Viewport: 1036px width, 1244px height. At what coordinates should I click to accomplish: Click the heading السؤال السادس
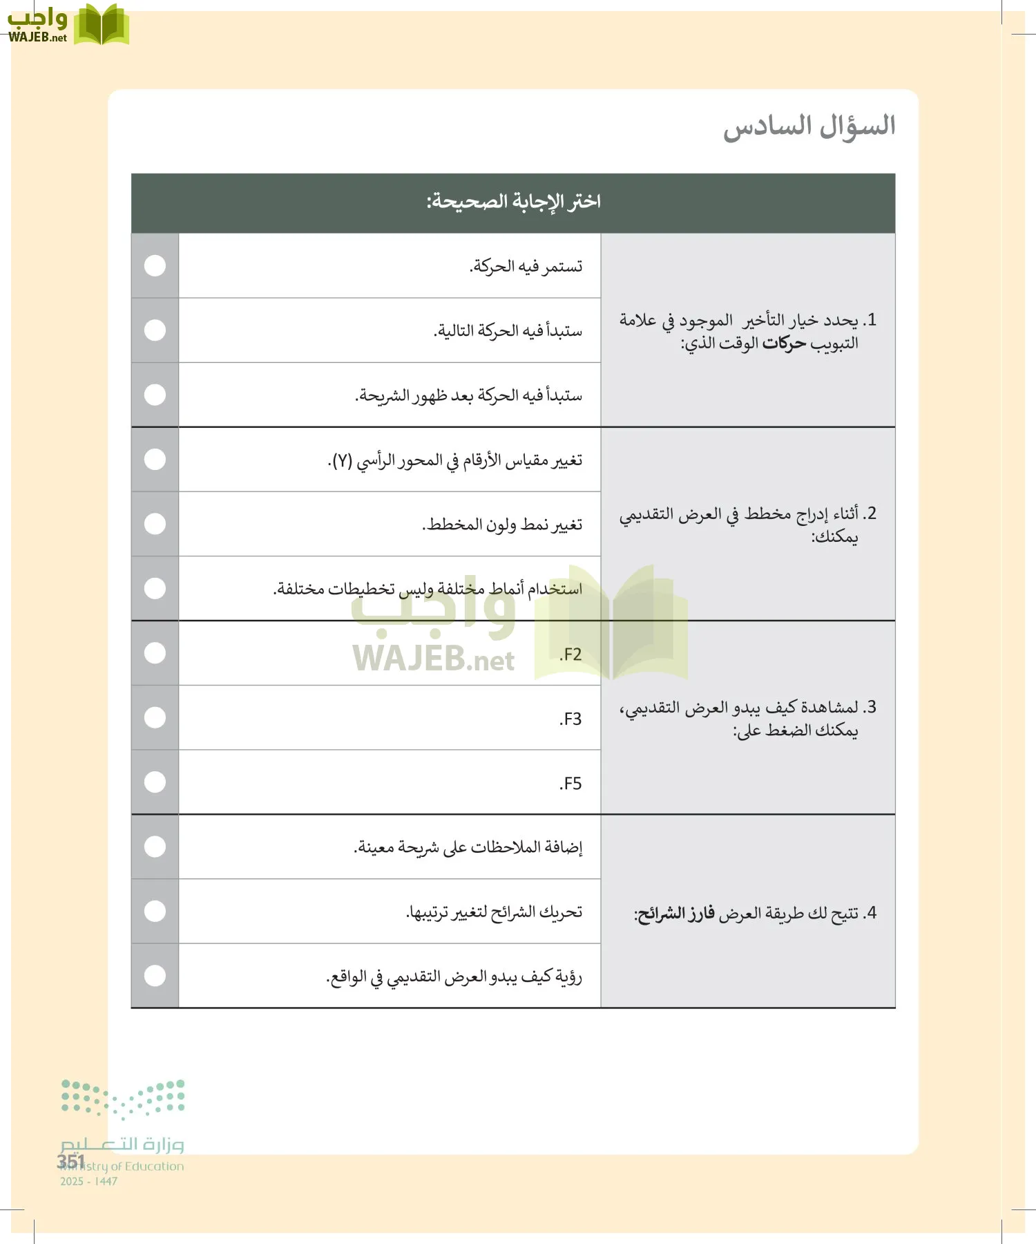pos(809,126)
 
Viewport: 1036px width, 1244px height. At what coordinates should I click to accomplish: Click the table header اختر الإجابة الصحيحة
pos(513,202)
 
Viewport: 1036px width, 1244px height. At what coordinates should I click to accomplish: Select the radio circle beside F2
pos(155,653)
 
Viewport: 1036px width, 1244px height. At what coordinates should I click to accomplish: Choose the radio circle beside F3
pos(155,717)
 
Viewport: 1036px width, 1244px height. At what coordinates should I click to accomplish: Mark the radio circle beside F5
pos(155,782)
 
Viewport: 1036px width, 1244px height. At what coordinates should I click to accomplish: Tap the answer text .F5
pos(570,784)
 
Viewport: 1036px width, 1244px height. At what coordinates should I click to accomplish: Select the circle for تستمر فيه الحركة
pos(155,266)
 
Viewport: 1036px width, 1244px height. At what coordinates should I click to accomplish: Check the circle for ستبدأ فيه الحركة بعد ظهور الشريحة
pos(155,395)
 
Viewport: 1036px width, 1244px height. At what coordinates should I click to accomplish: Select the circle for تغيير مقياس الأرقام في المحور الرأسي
pos(155,460)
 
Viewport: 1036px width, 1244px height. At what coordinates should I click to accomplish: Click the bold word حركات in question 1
pos(784,343)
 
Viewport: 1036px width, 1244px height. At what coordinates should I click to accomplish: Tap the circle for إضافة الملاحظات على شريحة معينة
pos(155,847)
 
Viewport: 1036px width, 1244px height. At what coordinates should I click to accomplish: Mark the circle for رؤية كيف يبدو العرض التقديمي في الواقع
pos(155,976)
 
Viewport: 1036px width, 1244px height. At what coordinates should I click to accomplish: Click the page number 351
pos(70,1161)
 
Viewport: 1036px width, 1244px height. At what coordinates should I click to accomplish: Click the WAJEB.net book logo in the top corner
pos(101,26)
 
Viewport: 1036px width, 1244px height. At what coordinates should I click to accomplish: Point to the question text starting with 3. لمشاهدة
pos(747,718)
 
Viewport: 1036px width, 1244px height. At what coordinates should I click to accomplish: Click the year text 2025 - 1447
pos(88,1182)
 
